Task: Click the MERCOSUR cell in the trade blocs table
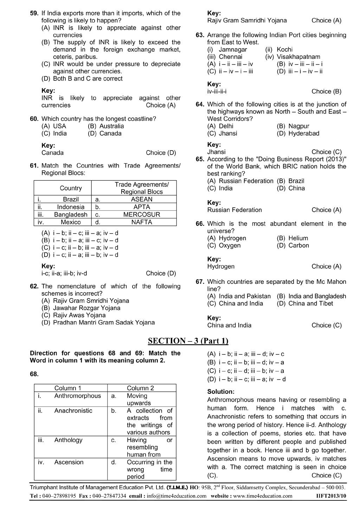pyautogui.click(x=142, y=215)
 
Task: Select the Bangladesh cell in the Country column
pyautogui.click(x=71, y=215)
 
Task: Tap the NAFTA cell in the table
pyautogui.click(x=142, y=222)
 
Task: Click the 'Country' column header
pyautogui.click(x=71, y=188)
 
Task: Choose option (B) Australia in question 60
pyautogui.click(x=106, y=126)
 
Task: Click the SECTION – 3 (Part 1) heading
pyautogui.click(x=188, y=341)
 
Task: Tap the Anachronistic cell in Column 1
pyautogui.click(x=73, y=411)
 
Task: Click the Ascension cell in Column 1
pyautogui.click(x=69, y=462)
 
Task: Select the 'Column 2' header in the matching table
pyautogui.click(x=140, y=388)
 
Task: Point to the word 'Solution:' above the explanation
pyautogui.click(x=221, y=391)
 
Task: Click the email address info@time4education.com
pyautogui.click(x=177, y=496)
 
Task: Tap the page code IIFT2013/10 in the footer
pyautogui.click(x=332, y=496)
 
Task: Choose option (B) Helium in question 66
pyautogui.click(x=292, y=238)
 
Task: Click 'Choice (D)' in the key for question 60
pyautogui.click(x=161, y=153)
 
